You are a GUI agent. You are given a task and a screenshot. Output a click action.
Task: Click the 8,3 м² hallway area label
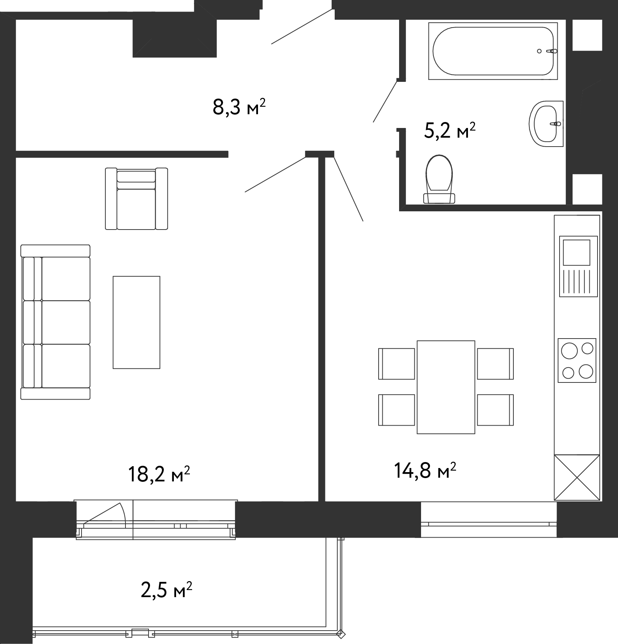tap(239, 108)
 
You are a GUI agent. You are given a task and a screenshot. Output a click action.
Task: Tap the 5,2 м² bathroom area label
tap(450, 131)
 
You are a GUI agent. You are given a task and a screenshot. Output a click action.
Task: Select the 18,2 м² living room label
tap(159, 474)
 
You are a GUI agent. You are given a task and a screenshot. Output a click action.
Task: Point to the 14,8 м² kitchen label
tap(425, 471)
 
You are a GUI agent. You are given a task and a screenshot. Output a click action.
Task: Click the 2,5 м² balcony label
tap(166, 590)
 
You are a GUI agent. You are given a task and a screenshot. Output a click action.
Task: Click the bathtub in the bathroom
tap(493, 51)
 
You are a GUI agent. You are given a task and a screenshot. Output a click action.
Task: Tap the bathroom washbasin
tap(546, 124)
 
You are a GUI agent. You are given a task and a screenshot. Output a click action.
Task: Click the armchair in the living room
tap(136, 199)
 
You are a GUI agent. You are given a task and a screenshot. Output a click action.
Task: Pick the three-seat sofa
tap(55, 322)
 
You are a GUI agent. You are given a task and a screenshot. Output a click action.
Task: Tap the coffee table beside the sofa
tap(137, 322)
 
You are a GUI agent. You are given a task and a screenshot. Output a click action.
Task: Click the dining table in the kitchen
tap(446, 387)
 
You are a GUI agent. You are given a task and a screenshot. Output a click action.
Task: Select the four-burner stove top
tap(577, 360)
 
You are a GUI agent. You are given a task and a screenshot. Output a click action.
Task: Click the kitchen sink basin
tap(577, 252)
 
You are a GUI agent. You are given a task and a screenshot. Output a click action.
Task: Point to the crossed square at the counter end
tap(577, 477)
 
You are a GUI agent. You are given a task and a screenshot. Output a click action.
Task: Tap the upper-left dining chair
tap(397, 364)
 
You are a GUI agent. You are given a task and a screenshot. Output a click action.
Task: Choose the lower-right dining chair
tap(496, 410)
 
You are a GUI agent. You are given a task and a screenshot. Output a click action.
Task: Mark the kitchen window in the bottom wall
tap(489, 520)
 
